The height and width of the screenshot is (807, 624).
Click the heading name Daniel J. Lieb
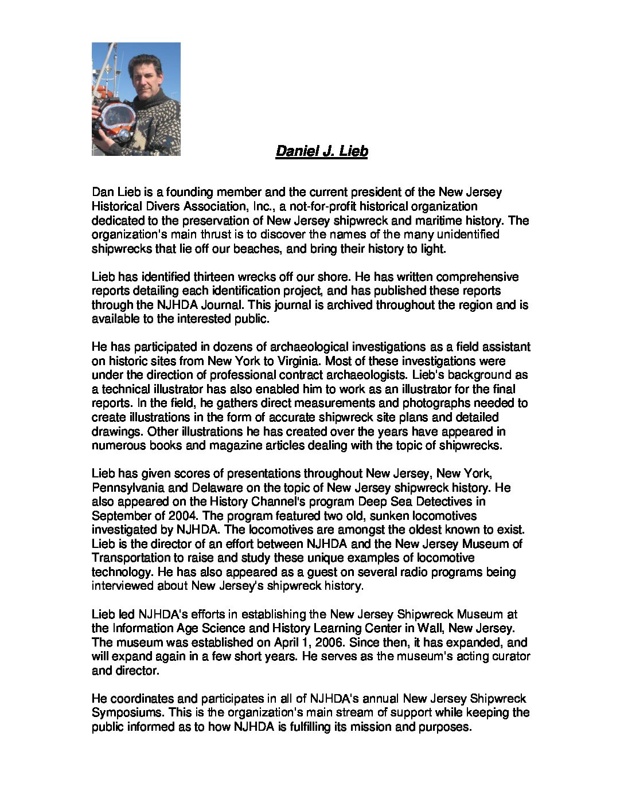321,151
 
